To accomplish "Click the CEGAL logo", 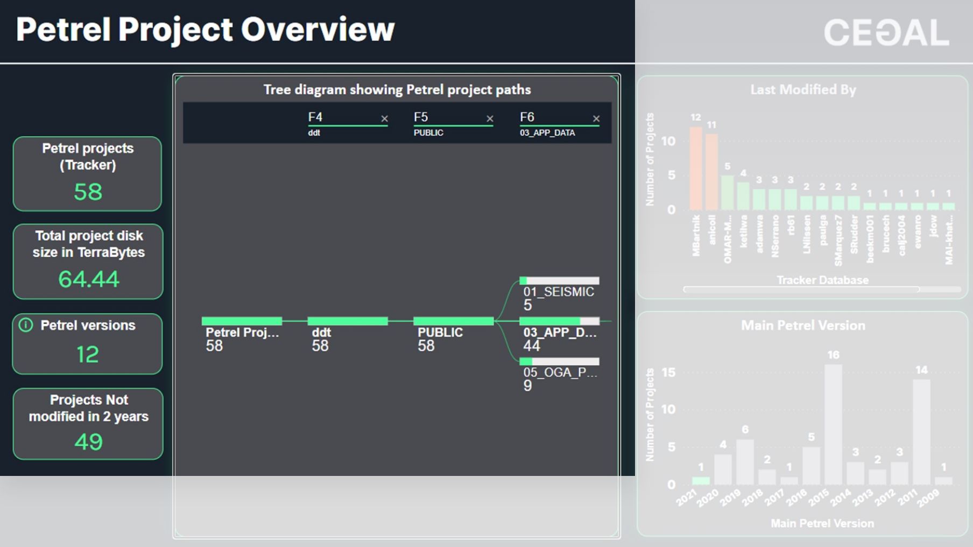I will [x=886, y=33].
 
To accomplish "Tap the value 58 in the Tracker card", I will [x=88, y=192].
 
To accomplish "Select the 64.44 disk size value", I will [x=88, y=279].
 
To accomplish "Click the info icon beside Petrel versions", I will [x=26, y=325].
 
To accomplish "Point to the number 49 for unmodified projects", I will [x=88, y=442].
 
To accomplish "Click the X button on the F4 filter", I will [x=384, y=119].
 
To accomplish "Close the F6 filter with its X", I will [x=596, y=119].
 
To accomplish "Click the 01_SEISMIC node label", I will [x=559, y=292].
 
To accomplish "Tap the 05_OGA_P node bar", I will [x=559, y=361].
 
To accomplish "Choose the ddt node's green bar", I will [x=347, y=321].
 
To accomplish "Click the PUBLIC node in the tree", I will [x=453, y=321].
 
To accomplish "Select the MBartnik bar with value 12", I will [x=696, y=169].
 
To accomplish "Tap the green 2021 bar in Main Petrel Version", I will [x=701, y=481].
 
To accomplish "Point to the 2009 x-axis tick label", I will [x=928, y=499].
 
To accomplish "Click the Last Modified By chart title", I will [x=803, y=90].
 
